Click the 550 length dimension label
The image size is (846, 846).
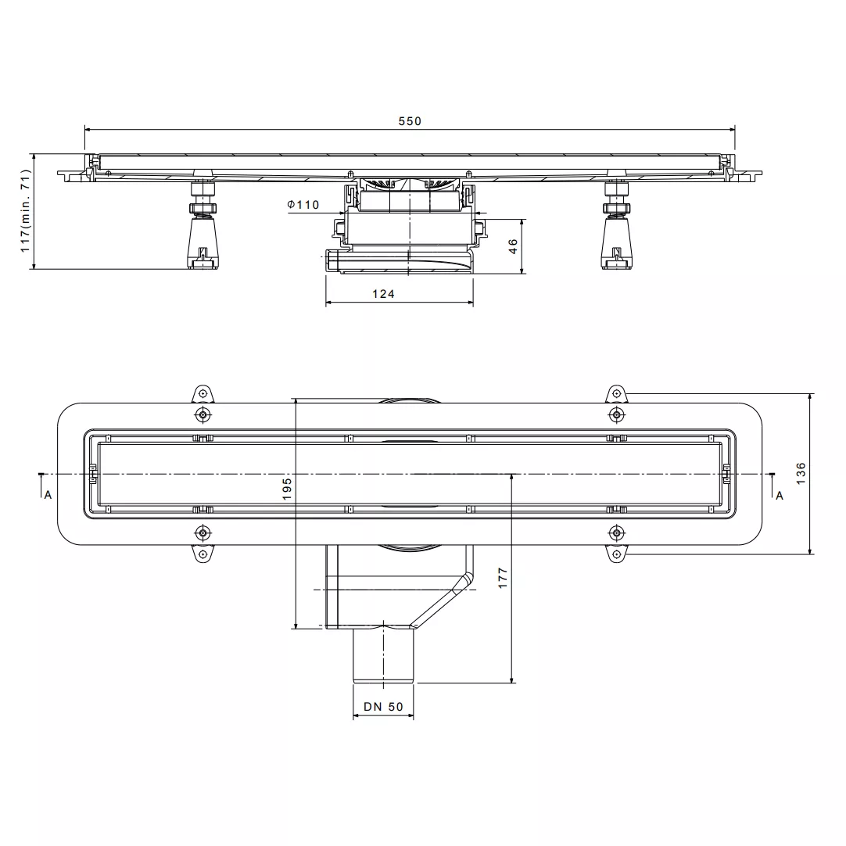(x=410, y=121)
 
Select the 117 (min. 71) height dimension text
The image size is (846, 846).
(x=25, y=210)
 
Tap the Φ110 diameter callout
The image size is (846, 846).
(x=303, y=205)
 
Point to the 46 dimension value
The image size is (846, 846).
(x=513, y=246)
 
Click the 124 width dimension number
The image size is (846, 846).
(x=383, y=294)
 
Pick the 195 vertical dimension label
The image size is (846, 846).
(x=286, y=489)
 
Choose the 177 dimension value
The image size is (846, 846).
(x=502, y=578)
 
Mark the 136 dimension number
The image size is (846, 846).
(x=801, y=473)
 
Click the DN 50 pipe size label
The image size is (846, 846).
(x=383, y=707)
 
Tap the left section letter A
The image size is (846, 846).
(x=48, y=495)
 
